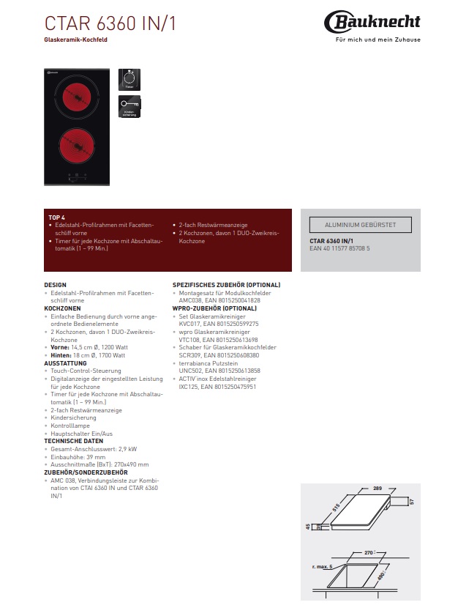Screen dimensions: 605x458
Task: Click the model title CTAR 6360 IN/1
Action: pos(110,23)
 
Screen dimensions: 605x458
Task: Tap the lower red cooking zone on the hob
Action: pos(76,144)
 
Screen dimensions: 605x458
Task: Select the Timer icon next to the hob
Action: pos(129,78)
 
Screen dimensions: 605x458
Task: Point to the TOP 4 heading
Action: pos(56,218)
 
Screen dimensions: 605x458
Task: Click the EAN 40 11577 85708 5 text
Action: pos(340,249)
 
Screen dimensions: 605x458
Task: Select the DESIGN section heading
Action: pos(55,284)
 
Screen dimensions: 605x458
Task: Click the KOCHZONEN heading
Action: pos(62,308)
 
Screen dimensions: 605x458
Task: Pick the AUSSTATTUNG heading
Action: pos(65,363)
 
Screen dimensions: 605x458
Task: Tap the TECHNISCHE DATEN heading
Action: pos(74,442)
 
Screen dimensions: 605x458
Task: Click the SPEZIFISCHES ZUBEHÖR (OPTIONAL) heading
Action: pos(226,284)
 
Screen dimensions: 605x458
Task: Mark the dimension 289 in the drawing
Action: pos(378,487)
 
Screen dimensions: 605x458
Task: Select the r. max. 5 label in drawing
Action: pos(320,567)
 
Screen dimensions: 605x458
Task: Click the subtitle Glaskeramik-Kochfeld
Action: pos(76,40)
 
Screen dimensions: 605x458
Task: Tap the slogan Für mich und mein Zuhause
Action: pos(378,40)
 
